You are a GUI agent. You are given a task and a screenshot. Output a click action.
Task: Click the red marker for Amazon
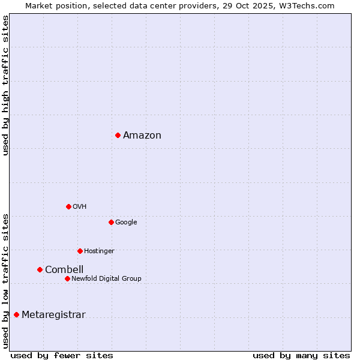[x=118, y=135]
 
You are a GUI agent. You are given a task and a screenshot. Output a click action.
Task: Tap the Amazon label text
[x=142, y=136]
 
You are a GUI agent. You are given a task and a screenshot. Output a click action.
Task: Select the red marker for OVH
[x=68, y=206]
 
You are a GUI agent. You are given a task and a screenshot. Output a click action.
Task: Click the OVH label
[x=80, y=207]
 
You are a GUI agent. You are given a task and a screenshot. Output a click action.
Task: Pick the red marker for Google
[x=111, y=222]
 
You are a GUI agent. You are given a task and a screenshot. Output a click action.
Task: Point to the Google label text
[x=126, y=223]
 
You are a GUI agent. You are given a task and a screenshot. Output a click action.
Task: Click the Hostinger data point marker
[x=80, y=251]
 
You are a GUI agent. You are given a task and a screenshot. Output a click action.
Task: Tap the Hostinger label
[x=99, y=251]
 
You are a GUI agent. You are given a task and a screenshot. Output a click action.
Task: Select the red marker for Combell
[x=40, y=269]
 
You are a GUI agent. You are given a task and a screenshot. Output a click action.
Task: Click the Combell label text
[x=64, y=270]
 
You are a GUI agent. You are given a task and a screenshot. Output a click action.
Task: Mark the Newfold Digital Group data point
[x=67, y=278]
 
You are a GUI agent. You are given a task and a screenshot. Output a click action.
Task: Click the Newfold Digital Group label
[x=106, y=279]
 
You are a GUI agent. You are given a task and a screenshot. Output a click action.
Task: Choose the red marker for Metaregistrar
[x=16, y=314]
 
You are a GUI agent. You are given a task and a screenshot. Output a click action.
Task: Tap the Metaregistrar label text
[x=53, y=315]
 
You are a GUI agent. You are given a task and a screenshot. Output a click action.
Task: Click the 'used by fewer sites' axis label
[x=62, y=356]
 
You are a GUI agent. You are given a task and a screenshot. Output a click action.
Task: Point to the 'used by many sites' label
[x=301, y=356]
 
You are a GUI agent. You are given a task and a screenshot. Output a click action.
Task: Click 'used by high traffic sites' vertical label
[x=5, y=85]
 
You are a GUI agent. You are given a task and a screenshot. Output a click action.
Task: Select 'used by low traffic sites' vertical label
[x=5, y=281]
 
